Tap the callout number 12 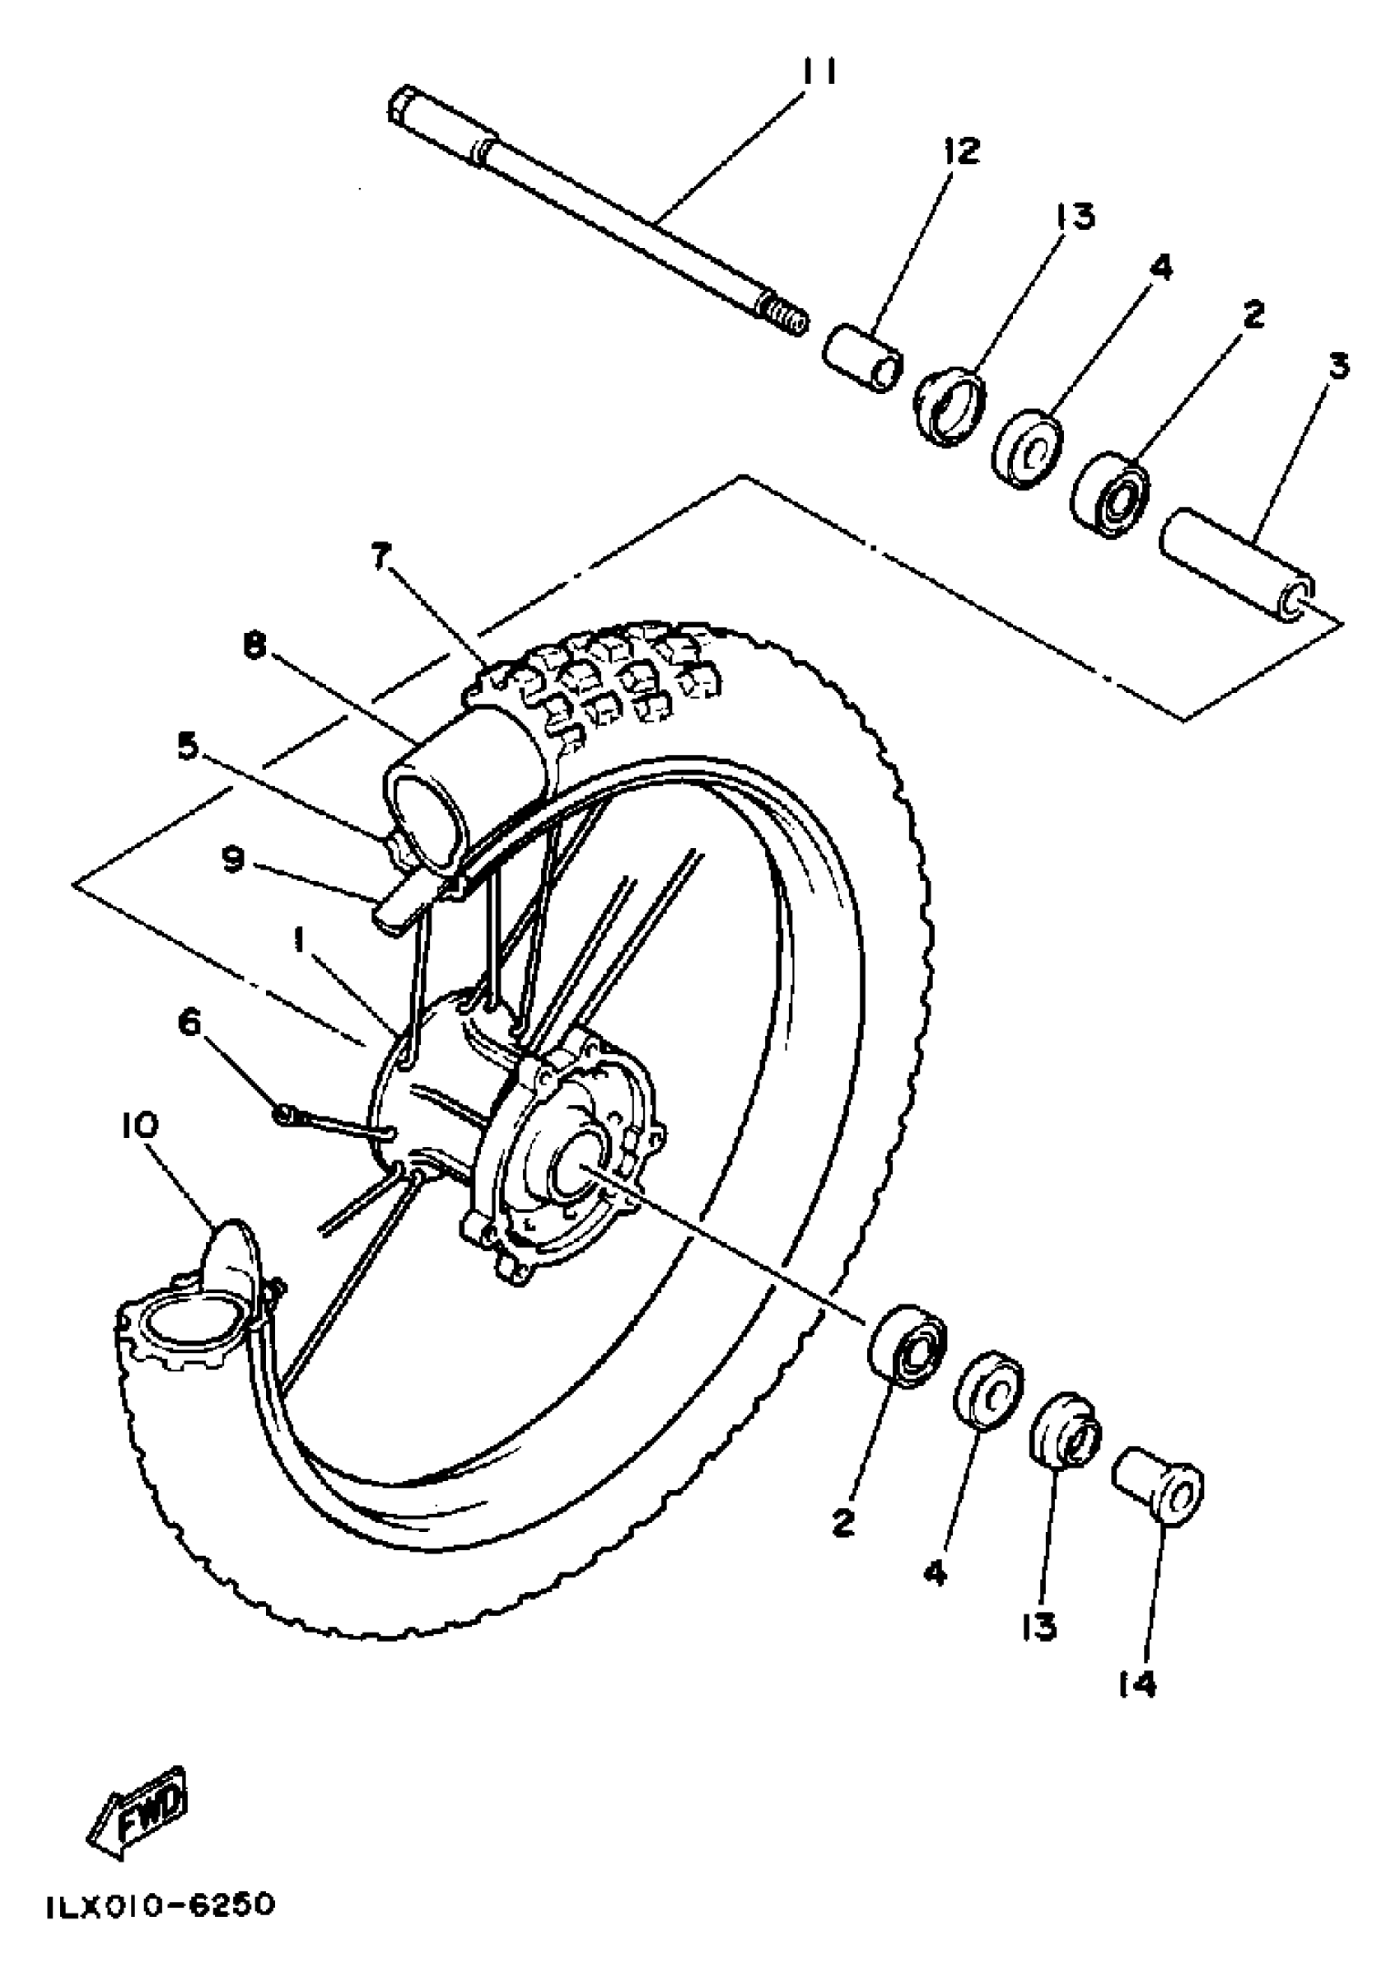[962, 151]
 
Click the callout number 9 [234, 860]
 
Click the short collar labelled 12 [862, 356]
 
